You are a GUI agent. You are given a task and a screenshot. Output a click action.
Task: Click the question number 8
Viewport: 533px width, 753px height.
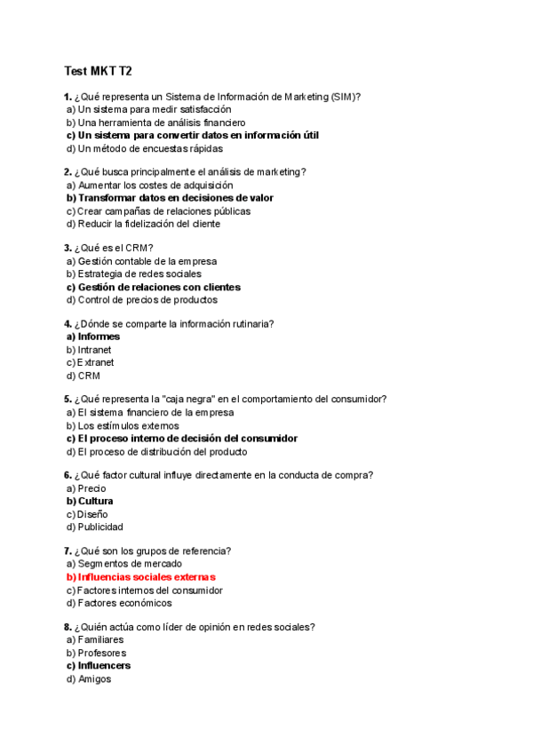coord(68,627)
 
